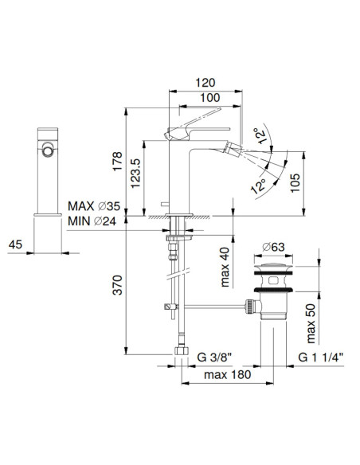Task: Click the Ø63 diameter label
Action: coord(273,244)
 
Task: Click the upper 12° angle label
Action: coord(260,135)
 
